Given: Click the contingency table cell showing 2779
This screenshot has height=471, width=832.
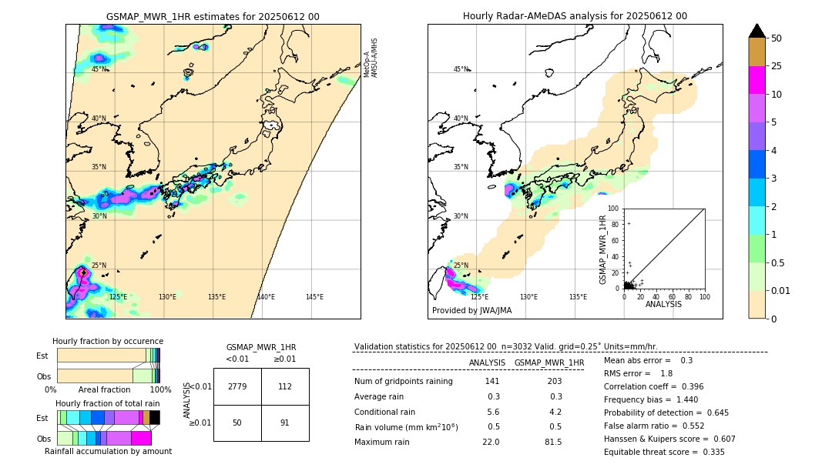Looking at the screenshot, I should click(x=237, y=386).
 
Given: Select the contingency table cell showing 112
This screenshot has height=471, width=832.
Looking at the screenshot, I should click(x=285, y=386).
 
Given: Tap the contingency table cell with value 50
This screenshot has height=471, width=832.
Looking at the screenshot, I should click(x=237, y=423).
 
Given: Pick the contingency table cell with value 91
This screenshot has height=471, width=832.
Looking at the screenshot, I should click(x=285, y=423).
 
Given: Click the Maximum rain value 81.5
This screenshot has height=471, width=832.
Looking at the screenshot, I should click(x=553, y=442).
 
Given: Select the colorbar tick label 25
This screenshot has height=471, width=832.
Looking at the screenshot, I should click(x=777, y=66).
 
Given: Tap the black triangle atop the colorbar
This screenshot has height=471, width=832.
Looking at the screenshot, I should click(x=757, y=31).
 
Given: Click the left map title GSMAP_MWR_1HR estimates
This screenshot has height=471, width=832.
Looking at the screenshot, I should click(x=213, y=16).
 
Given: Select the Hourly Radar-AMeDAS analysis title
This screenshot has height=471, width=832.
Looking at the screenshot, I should click(x=575, y=16).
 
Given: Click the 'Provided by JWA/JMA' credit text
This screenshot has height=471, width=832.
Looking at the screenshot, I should click(x=471, y=311).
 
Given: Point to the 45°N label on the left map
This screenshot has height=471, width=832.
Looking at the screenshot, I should click(x=99, y=69).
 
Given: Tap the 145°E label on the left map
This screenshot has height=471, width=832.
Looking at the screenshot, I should click(x=314, y=297).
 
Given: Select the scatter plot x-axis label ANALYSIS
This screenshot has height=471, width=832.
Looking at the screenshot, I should click(x=663, y=305).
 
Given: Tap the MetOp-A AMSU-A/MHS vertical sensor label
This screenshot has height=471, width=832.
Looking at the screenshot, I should click(x=371, y=58).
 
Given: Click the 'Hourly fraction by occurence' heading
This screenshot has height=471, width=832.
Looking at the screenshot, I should click(x=108, y=341).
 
